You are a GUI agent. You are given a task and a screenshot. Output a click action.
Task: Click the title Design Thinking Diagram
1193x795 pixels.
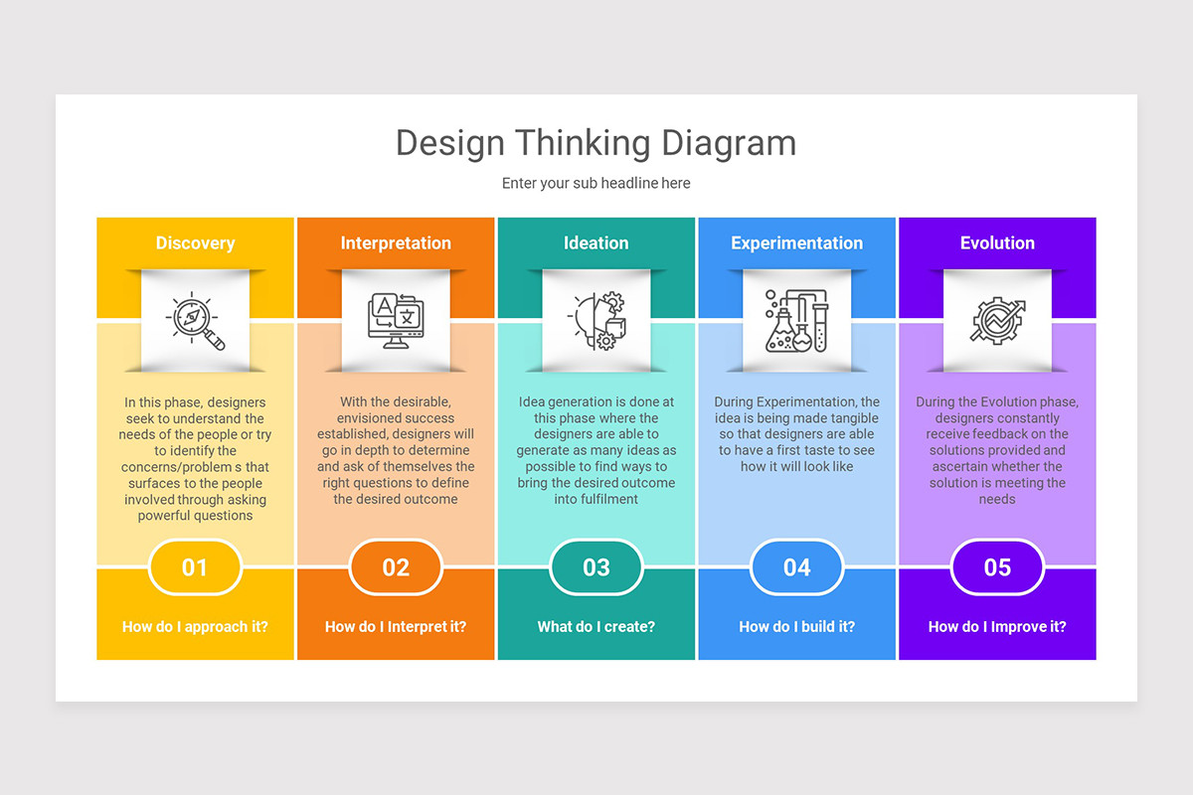click(596, 143)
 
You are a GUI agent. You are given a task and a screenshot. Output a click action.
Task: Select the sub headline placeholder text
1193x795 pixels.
click(596, 184)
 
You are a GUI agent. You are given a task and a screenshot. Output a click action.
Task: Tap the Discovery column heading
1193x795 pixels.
click(195, 243)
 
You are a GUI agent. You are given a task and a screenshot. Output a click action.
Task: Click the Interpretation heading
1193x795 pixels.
click(396, 243)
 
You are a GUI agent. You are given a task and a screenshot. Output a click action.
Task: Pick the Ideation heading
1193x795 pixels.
click(596, 243)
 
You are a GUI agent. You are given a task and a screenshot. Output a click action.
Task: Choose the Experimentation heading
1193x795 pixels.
click(796, 243)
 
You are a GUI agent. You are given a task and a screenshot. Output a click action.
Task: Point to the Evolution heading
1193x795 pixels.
click(997, 243)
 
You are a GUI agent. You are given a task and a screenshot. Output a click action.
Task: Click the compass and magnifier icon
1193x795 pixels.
click(195, 320)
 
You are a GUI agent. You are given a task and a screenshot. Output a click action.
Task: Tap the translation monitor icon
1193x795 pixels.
click(396, 320)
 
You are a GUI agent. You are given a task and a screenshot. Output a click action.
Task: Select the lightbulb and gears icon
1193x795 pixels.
click(596, 320)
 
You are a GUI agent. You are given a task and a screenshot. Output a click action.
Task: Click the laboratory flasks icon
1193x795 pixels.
click(796, 320)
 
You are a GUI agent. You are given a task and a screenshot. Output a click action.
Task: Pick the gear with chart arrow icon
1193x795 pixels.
click(997, 320)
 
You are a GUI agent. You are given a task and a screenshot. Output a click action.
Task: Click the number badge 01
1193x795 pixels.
click(195, 567)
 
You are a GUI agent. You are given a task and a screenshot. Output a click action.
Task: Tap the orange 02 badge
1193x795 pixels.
click(396, 567)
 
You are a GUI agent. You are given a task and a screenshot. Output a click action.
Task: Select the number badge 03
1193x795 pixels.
click(596, 567)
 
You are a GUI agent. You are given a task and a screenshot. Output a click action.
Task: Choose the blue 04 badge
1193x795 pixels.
click(796, 567)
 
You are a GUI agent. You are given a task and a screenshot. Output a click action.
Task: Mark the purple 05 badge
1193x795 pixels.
click(997, 567)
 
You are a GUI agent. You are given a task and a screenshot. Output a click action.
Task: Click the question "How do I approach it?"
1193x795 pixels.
click(195, 627)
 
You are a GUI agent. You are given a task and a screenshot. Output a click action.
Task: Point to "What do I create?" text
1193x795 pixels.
click(596, 627)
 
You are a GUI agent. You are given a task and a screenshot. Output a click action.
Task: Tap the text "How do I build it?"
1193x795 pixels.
click(796, 627)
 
